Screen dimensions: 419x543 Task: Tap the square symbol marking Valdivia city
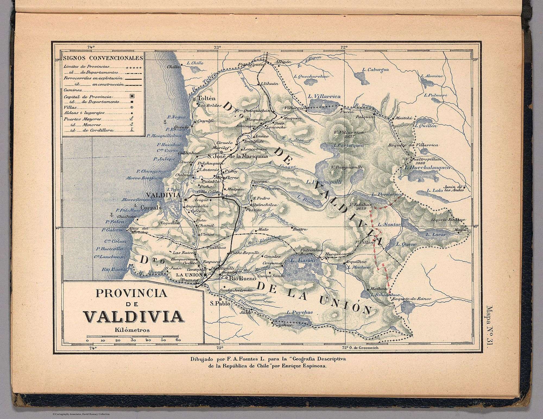[178, 200]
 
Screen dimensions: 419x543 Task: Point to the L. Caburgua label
[375, 70]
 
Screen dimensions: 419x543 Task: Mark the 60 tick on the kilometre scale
[178, 340]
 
